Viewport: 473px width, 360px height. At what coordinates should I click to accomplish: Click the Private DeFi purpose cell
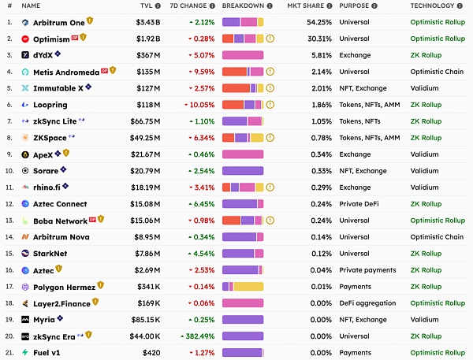(x=360, y=204)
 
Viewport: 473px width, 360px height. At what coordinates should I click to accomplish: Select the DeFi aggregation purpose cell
(x=367, y=302)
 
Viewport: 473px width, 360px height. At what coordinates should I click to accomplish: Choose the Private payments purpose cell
(x=368, y=269)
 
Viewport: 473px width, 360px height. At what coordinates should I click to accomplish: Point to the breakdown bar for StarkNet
(x=243, y=253)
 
